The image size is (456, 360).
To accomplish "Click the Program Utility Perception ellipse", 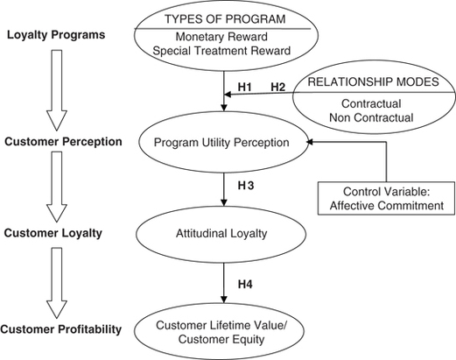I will (x=225, y=144).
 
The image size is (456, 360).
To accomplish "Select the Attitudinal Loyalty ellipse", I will (x=225, y=234).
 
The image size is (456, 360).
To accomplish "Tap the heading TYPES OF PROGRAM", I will (x=225, y=19).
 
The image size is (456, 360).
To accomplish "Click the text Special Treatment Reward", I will (x=225, y=51).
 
